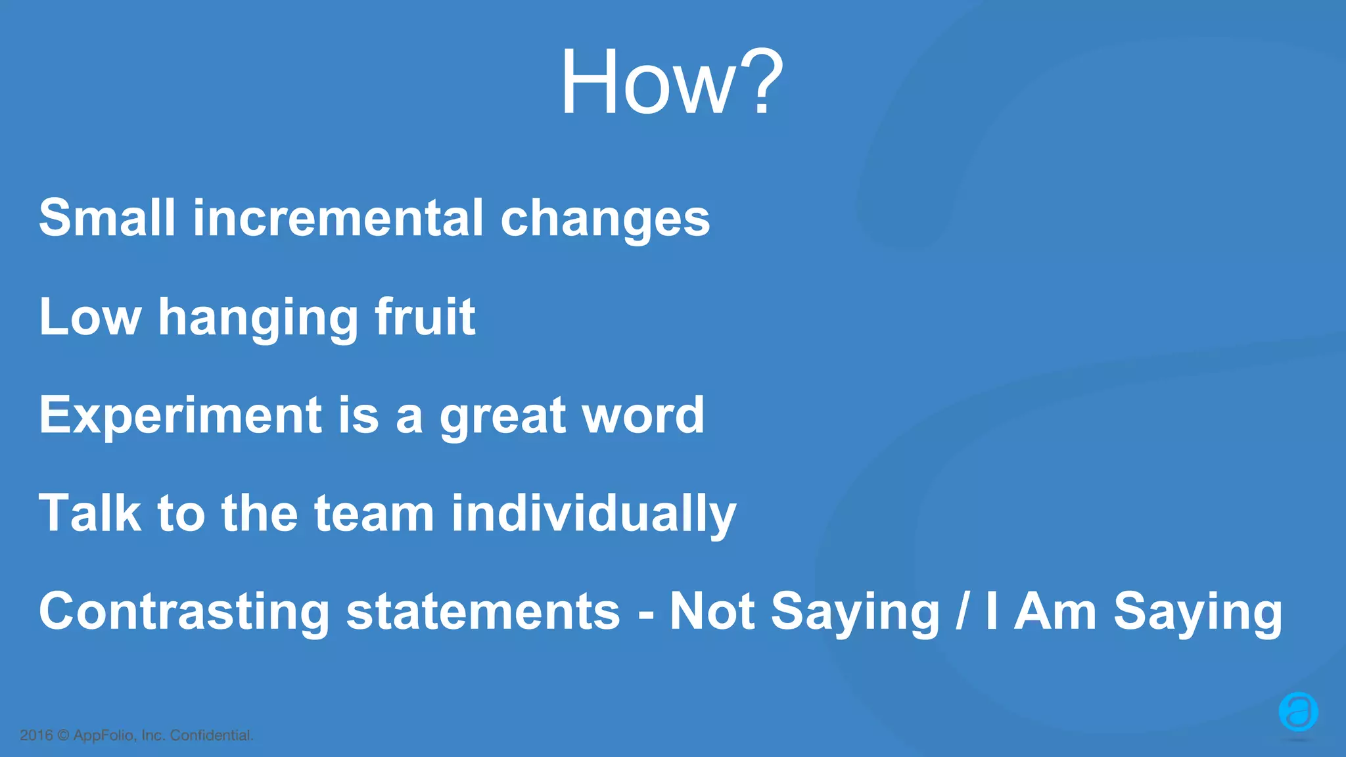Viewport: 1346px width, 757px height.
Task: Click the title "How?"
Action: pos(671,83)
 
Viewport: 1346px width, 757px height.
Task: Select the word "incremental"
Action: pos(338,218)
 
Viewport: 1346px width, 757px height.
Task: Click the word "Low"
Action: pos(90,317)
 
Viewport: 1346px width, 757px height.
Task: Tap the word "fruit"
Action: pos(425,317)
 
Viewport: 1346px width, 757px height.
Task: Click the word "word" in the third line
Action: pos(643,415)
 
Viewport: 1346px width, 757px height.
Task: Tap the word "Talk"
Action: pos(90,513)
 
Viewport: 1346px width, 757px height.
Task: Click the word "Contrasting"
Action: pos(184,612)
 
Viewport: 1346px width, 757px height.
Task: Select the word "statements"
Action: pos(483,612)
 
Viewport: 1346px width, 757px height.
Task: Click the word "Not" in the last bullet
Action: pos(712,612)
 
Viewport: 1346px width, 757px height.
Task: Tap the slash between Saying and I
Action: pos(963,612)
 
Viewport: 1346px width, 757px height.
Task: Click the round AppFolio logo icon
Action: pos(1298,712)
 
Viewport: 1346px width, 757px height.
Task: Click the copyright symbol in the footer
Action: pos(63,735)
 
